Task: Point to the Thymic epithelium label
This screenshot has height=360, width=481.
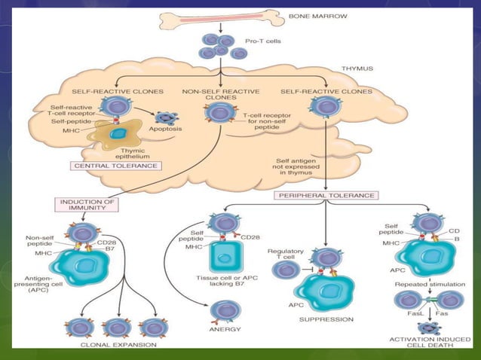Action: [126, 153]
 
